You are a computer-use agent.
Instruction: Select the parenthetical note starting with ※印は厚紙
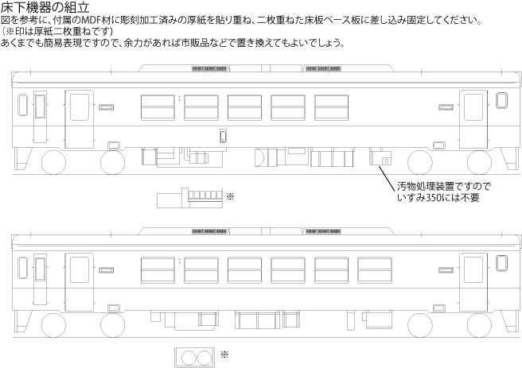click(63, 31)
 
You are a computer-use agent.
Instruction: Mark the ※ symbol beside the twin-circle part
click(224, 354)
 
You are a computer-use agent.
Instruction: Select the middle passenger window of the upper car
click(244, 107)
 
